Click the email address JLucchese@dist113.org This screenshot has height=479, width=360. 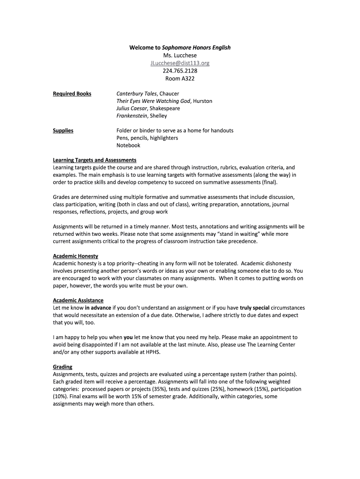[180, 63]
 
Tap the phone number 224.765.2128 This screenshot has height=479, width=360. [180, 71]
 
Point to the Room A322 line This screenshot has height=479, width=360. [180, 79]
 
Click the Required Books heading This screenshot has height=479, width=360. [72, 94]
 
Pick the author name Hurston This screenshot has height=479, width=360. [202, 101]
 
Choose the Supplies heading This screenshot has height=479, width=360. [63, 131]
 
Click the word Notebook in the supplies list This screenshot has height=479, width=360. [128, 145]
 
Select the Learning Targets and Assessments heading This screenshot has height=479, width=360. [94, 160]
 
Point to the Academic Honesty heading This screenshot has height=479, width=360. [75, 256]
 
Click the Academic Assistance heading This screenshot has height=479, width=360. [78, 300]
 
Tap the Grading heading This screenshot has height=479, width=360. [63, 367]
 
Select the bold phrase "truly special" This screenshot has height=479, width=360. [254, 308]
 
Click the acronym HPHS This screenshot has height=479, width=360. [153, 352]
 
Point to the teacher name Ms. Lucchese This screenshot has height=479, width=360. [180, 56]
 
